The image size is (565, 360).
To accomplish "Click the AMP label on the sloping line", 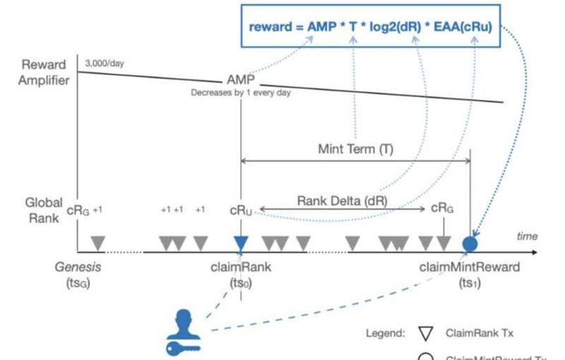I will [x=241, y=80].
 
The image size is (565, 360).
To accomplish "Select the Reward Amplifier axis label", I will [x=44, y=72].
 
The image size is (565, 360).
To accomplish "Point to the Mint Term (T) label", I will [x=356, y=149].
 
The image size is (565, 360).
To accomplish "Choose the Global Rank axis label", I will [x=44, y=210].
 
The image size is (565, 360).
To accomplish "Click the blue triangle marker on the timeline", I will [x=241, y=243].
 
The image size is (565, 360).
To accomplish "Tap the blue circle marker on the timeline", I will [x=470, y=244].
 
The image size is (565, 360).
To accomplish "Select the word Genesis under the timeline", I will [x=76, y=267].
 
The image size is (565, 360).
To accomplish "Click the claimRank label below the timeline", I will [x=241, y=267].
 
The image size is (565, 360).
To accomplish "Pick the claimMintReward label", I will [x=470, y=267].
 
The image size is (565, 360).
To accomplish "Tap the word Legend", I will [x=384, y=332].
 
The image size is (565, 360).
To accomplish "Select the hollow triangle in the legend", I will [x=425, y=332].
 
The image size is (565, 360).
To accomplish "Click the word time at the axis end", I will [x=527, y=236].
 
